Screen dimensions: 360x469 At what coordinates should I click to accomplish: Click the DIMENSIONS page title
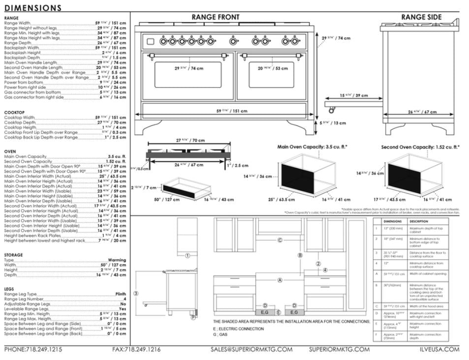point(33,8)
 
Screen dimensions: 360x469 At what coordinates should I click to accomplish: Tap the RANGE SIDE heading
point(421,17)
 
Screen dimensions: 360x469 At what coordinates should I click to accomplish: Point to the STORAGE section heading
point(13,255)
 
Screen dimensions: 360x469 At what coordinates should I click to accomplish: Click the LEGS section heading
point(9,289)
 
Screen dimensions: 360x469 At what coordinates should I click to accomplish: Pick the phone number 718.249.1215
point(33,350)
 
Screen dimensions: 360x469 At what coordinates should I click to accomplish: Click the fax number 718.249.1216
point(136,350)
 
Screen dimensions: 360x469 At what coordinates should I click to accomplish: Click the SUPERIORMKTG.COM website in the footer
point(339,350)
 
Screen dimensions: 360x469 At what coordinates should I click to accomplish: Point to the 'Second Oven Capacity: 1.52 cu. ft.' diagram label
point(420,147)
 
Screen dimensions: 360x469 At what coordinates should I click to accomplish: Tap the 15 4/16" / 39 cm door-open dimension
point(354,95)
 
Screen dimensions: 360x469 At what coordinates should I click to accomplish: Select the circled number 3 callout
point(136,293)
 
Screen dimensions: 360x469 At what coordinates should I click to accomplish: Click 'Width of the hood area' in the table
point(426,306)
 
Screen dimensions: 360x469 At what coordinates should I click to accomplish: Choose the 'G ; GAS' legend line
point(220,334)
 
